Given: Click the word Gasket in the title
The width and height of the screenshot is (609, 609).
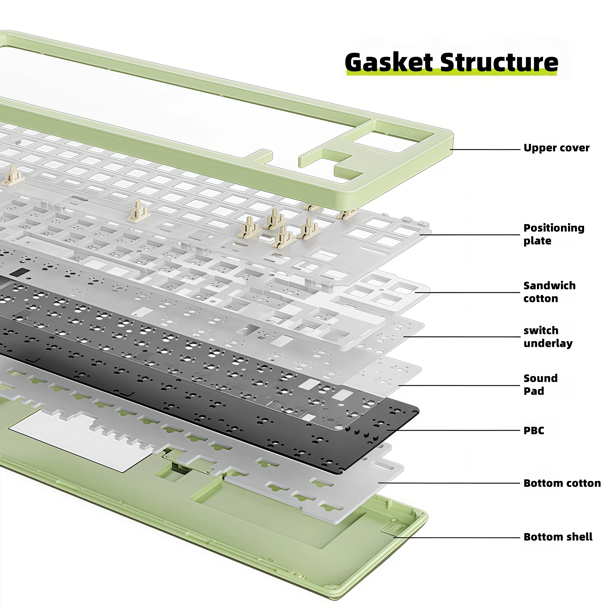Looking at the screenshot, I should [x=389, y=62].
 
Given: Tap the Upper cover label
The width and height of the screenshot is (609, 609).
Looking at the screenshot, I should [x=556, y=148].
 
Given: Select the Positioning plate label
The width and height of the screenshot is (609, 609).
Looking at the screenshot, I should [x=554, y=234].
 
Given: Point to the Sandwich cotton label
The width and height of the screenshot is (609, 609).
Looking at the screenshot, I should [x=549, y=292].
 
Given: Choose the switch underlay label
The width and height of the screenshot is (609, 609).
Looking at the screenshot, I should [x=548, y=337].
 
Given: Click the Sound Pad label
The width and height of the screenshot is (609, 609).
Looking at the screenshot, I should [x=540, y=385].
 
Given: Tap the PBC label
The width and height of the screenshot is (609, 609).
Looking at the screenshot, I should [x=534, y=431].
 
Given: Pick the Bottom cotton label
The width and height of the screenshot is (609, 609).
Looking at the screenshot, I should [x=562, y=483].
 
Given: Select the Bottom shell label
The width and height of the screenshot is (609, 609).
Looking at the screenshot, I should [x=558, y=537].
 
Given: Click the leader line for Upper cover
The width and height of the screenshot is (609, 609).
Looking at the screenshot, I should [x=486, y=149].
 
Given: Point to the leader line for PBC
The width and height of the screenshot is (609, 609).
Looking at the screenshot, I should [x=454, y=430].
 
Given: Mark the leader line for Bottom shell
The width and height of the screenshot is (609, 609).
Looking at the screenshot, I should [x=457, y=537].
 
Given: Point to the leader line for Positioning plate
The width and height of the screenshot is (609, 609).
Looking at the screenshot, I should [x=470, y=235].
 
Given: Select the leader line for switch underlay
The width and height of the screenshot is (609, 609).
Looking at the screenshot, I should [x=462, y=337].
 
